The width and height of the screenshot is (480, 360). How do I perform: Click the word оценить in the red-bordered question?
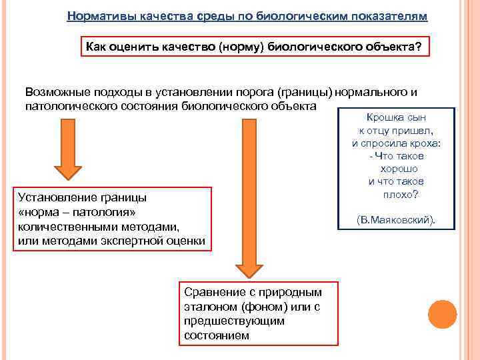136,47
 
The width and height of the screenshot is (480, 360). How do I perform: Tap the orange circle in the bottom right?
442,314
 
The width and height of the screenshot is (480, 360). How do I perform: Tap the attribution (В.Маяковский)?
397,219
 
